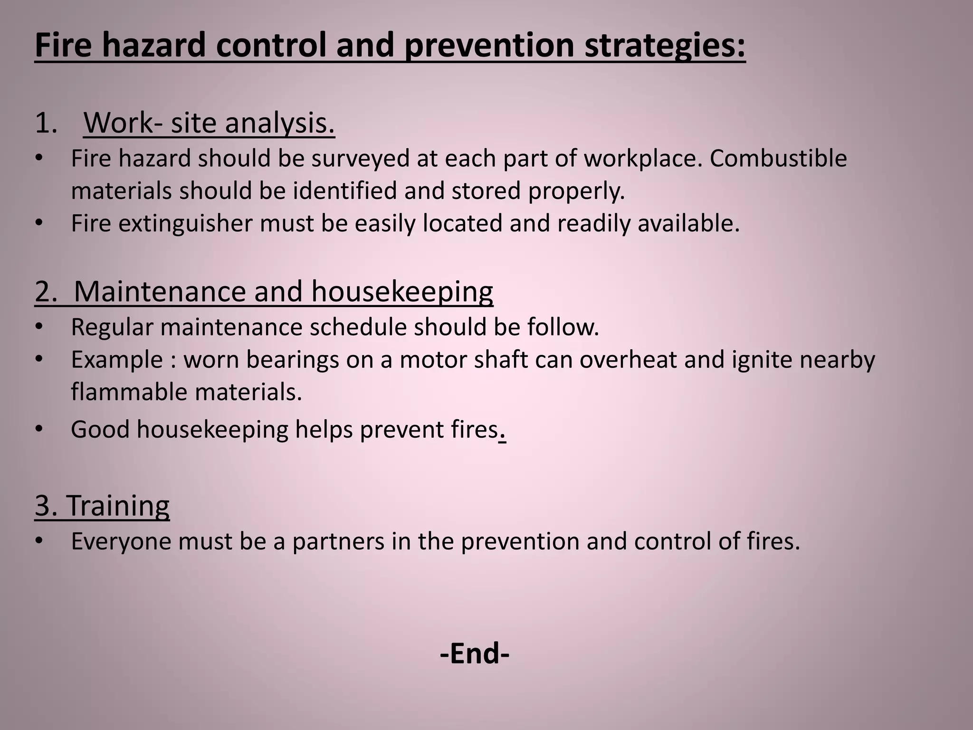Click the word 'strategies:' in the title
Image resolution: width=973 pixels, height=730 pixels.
pyautogui.click(x=665, y=46)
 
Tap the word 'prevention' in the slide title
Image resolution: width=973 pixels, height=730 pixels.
pyautogui.click(x=489, y=46)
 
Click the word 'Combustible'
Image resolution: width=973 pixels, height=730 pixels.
pyautogui.click(x=778, y=158)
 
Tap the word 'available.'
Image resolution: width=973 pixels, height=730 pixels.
pyautogui.click(x=688, y=223)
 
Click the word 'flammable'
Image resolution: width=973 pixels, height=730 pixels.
pyautogui.click(x=129, y=392)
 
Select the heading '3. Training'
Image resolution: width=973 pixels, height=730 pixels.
pyautogui.click(x=102, y=505)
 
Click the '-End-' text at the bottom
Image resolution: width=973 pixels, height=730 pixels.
pyautogui.click(x=475, y=653)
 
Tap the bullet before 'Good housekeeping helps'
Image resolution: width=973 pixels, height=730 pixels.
pyautogui.click(x=39, y=430)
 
